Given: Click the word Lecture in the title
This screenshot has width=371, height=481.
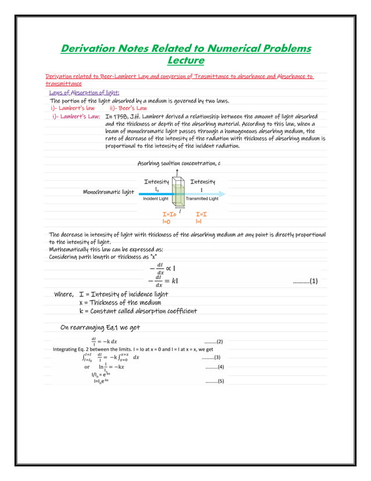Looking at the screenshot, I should [x=185, y=60].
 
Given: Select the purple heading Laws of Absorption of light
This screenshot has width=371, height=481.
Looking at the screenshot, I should [x=84, y=93].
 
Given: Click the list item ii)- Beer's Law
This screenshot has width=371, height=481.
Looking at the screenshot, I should [x=128, y=108].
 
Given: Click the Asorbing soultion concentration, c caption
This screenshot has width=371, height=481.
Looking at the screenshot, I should [x=179, y=163].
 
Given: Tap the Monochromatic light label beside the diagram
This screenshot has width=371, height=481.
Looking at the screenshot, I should [x=108, y=192].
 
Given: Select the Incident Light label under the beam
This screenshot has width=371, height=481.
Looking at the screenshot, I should [x=155, y=199].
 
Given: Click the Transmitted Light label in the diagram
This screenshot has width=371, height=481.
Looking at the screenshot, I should [x=202, y=199].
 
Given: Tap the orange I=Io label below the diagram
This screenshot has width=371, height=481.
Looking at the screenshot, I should [x=169, y=215].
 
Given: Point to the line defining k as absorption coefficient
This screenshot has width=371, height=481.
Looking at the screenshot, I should [x=138, y=311].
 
